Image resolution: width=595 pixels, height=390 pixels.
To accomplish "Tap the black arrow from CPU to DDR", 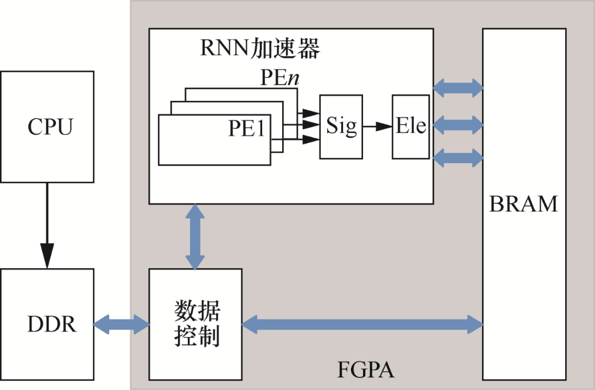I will click(47, 226).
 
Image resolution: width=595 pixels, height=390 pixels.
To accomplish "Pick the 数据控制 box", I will click(196, 324).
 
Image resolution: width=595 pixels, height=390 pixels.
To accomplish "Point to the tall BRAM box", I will click(524, 204).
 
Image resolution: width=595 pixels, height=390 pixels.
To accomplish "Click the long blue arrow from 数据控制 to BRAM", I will click(362, 324).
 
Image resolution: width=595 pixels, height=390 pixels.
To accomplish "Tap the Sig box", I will click(341, 127).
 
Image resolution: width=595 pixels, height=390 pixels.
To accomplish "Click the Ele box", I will click(410, 127).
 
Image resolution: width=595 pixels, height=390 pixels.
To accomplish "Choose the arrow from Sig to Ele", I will click(377, 127).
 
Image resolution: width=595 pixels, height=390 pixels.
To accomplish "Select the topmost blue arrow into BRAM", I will click(458, 86).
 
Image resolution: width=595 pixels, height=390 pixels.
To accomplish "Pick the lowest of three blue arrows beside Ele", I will click(458, 159).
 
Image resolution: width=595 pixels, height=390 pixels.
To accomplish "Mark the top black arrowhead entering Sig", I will click(311, 113).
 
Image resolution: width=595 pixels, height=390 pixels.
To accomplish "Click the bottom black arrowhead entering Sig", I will click(311, 139).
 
